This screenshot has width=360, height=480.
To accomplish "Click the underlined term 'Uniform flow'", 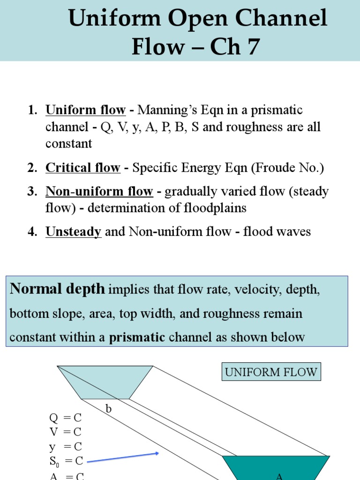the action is point(85,111).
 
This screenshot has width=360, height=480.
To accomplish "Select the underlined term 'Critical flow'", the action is point(83,168).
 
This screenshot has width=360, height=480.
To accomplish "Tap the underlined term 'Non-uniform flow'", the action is point(99,191).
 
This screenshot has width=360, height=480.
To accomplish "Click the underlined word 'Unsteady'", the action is point(73,232).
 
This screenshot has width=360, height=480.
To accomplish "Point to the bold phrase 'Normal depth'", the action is point(57,289).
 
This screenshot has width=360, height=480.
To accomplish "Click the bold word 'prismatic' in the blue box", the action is point(137,337).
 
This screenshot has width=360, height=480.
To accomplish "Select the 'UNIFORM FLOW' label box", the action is point(271,373).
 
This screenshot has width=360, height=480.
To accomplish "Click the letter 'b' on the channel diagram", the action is point(108,409).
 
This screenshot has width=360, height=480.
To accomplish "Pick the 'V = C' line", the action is point(65,432).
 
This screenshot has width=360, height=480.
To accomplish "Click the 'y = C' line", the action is point(65,447).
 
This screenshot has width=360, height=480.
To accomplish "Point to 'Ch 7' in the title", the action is point(234,47).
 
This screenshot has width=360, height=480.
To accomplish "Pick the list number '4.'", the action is point(32,232).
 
